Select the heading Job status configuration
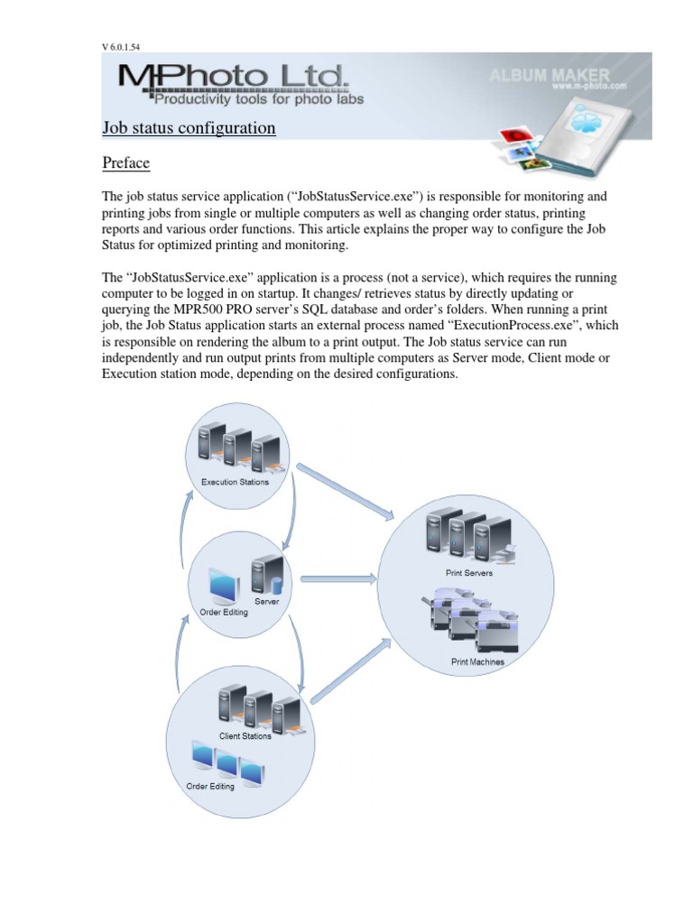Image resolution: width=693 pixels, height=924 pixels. click(189, 128)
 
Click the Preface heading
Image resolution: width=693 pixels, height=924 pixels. click(125, 163)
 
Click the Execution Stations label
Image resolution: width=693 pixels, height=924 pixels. click(235, 482)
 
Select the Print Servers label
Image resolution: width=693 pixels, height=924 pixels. click(467, 572)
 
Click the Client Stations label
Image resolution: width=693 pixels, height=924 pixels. click(245, 736)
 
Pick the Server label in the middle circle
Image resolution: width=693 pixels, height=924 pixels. click(266, 600)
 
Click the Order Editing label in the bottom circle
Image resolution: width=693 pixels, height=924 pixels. click(210, 786)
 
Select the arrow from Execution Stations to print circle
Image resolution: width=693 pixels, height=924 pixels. click(346, 494)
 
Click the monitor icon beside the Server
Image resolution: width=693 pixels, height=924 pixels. click(222, 587)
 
